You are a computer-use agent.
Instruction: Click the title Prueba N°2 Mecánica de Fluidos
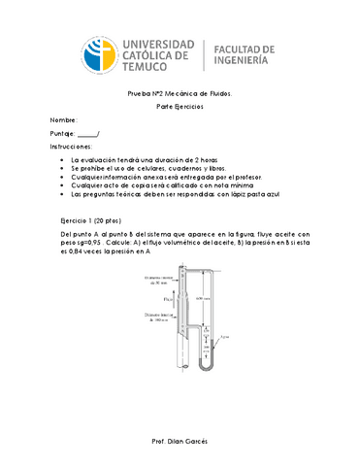[x=180, y=93]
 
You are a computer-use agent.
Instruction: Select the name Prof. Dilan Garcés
[x=180, y=440]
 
